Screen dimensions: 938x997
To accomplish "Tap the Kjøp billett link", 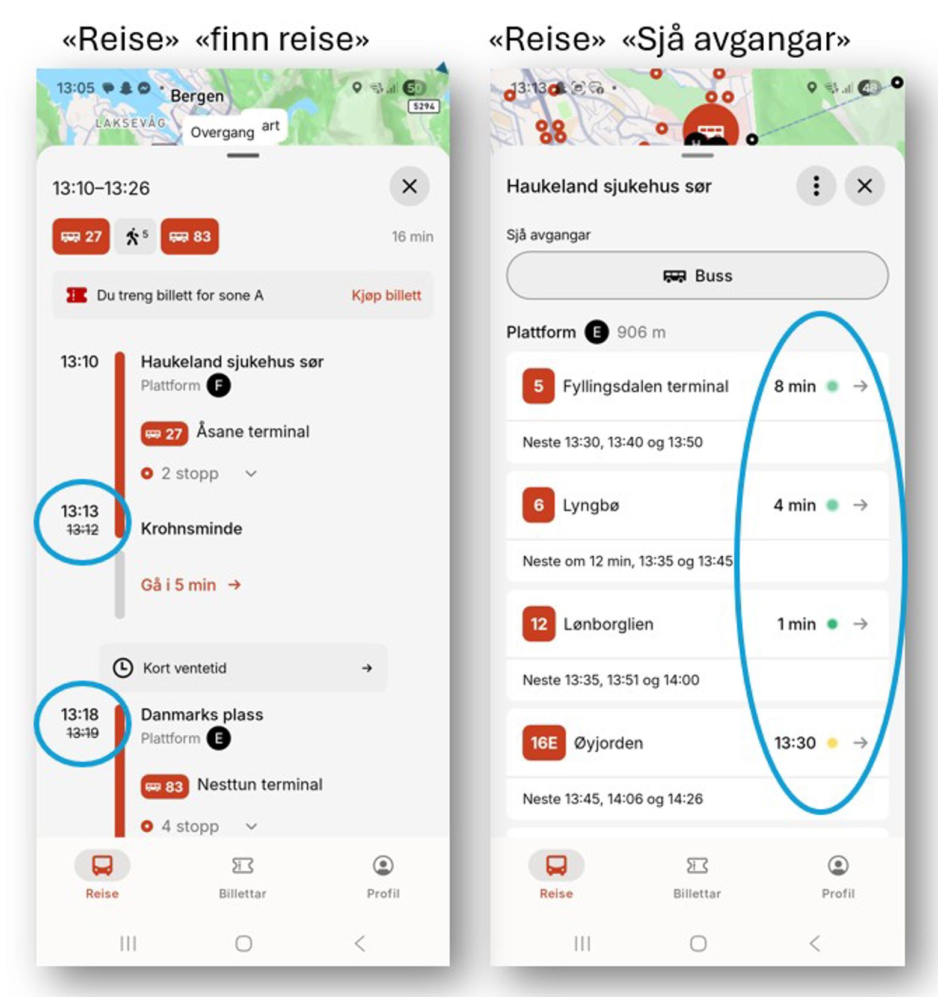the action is tap(386, 295).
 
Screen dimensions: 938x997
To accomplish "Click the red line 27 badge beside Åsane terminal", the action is tap(164, 434).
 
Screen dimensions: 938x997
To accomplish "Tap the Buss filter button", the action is tap(697, 275).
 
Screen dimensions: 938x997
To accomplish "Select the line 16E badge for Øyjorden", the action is tap(544, 743).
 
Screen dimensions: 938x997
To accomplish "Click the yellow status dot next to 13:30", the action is tap(832, 743).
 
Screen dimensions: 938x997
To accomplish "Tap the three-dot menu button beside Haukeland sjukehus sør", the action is tap(816, 186).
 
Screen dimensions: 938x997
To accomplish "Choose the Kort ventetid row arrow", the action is tap(367, 668).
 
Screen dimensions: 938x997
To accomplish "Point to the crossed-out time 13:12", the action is tap(82, 530).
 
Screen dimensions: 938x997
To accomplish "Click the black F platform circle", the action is tap(219, 385).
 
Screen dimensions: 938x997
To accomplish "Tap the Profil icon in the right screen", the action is tap(838, 865).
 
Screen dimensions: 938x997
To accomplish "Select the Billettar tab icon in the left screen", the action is tap(242, 865).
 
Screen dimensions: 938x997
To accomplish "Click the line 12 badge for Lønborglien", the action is tap(539, 624).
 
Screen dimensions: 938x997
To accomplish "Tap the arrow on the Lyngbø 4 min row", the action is tap(860, 505).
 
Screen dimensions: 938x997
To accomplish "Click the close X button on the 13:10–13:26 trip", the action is tap(409, 186).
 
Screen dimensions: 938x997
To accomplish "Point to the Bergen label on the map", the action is tap(197, 96).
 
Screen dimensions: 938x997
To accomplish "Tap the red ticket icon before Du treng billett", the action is tap(76, 295).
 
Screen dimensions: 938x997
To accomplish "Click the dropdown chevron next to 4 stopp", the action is tap(251, 826).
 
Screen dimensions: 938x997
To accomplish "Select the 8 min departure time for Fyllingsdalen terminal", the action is tap(794, 386).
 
